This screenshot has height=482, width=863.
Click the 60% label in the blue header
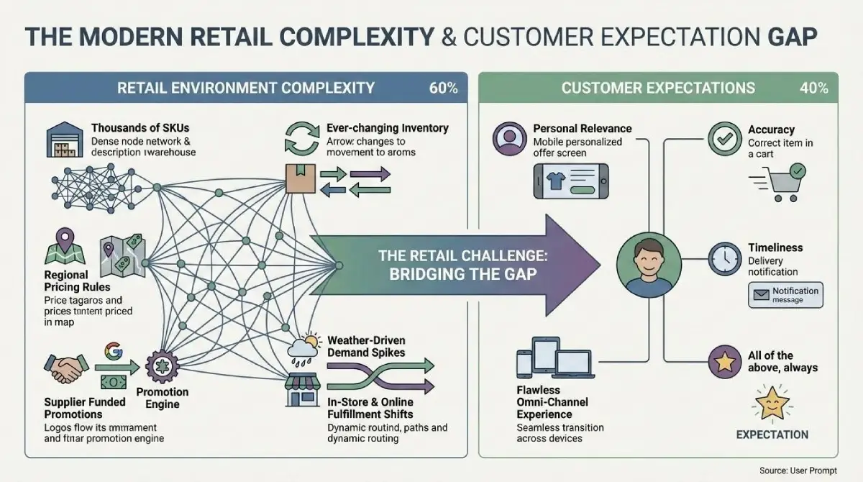point(443,88)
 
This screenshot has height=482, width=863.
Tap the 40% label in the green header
point(813,88)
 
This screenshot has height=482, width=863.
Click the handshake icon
point(66,370)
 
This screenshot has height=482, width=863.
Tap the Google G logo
point(113,351)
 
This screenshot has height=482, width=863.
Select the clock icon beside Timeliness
point(723,258)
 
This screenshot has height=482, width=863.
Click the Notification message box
point(785,295)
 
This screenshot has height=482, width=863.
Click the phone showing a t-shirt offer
point(570,181)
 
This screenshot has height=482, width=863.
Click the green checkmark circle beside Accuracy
point(724,140)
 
